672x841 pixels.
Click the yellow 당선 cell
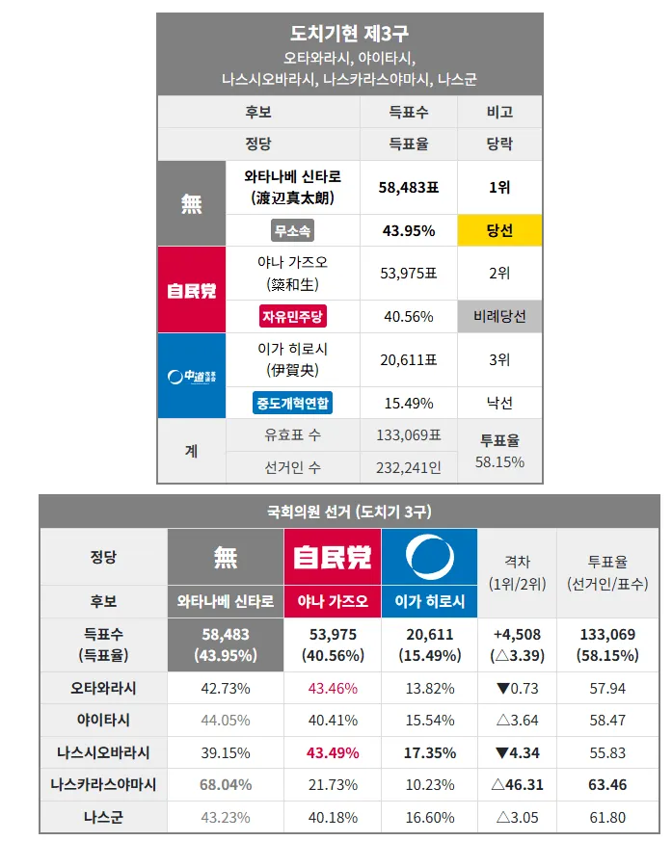[499, 230]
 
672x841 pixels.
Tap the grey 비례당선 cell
[499, 316]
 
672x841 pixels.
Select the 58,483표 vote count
[409, 188]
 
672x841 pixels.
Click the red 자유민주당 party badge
[292, 316]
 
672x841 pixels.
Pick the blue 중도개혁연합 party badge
[292, 403]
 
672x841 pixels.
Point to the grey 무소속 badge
[292, 230]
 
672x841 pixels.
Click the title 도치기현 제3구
[349, 34]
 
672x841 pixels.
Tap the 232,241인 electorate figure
[409, 467]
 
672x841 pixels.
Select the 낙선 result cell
[499, 403]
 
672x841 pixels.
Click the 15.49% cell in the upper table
[409, 403]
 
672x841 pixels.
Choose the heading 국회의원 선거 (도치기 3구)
[349, 512]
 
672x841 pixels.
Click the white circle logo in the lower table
[429, 557]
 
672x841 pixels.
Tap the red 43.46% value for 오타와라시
[333, 688]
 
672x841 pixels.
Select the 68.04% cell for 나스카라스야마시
[226, 785]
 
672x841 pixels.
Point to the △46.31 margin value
[518, 785]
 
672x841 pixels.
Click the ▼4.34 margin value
[518, 752]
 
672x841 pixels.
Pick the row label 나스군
[103, 817]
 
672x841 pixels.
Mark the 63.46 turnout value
[607, 785]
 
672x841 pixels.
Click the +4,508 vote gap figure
[518, 635]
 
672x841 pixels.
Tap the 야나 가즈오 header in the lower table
[333, 601]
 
